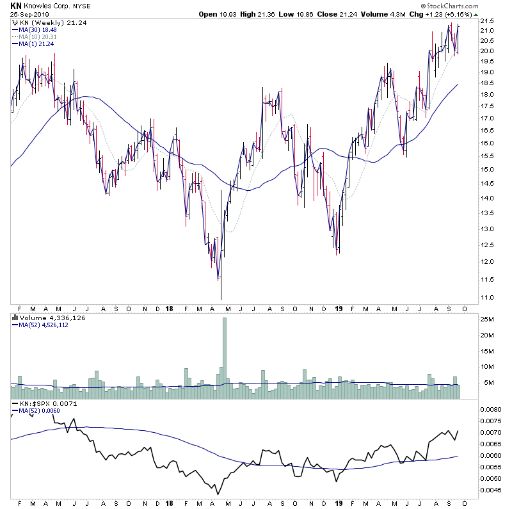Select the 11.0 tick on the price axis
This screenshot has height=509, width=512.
[x=488, y=298]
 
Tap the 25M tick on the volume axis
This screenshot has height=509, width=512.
[x=488, y=319]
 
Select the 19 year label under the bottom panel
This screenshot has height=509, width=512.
[x=339, y=504]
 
